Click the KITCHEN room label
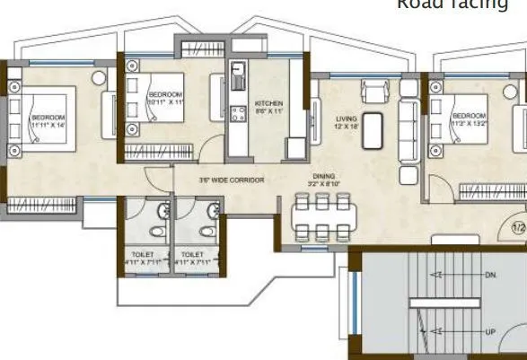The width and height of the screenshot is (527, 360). coord(268,106)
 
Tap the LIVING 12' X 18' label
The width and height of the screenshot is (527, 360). coord(347,122)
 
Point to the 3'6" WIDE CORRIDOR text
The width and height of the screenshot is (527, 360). coord(232,180)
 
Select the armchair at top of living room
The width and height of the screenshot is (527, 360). coord(373,92)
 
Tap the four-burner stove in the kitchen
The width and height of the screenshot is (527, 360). coord(239,113)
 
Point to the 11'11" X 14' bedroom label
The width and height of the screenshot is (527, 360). coord(48,123)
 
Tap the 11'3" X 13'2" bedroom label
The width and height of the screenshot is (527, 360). coord(470,121)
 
